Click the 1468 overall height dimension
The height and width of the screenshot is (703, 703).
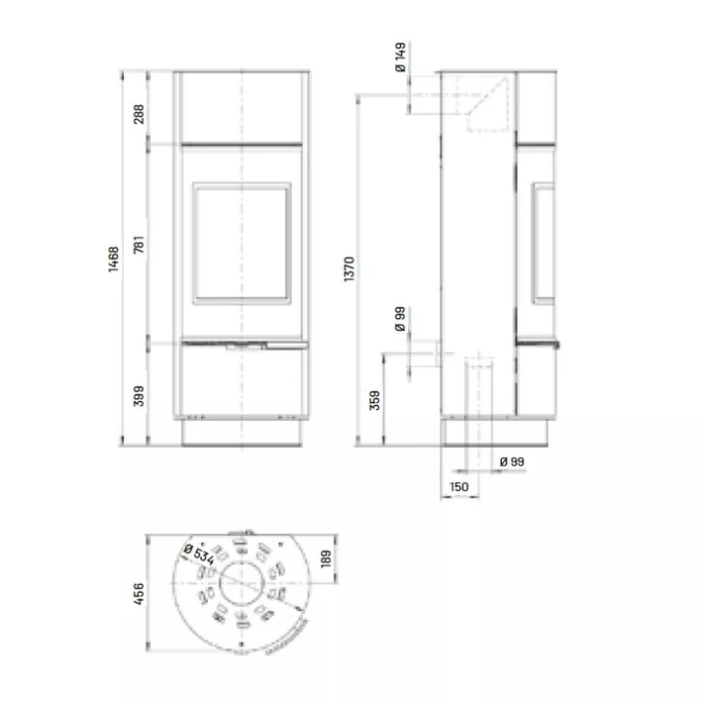(114, 259)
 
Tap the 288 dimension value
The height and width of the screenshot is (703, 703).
(139, 114)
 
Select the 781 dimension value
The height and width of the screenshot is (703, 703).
(139, 244)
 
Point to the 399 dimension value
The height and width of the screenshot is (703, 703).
(139, 395)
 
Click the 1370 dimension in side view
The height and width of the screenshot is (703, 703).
(350, 269)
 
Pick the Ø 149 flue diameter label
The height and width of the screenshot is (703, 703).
(400, 57)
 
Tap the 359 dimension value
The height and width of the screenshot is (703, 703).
(375, 400)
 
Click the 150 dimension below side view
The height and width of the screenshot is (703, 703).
(459, 487)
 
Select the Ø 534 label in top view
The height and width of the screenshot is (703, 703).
(199, 555)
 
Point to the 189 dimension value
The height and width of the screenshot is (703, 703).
(326, 558)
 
